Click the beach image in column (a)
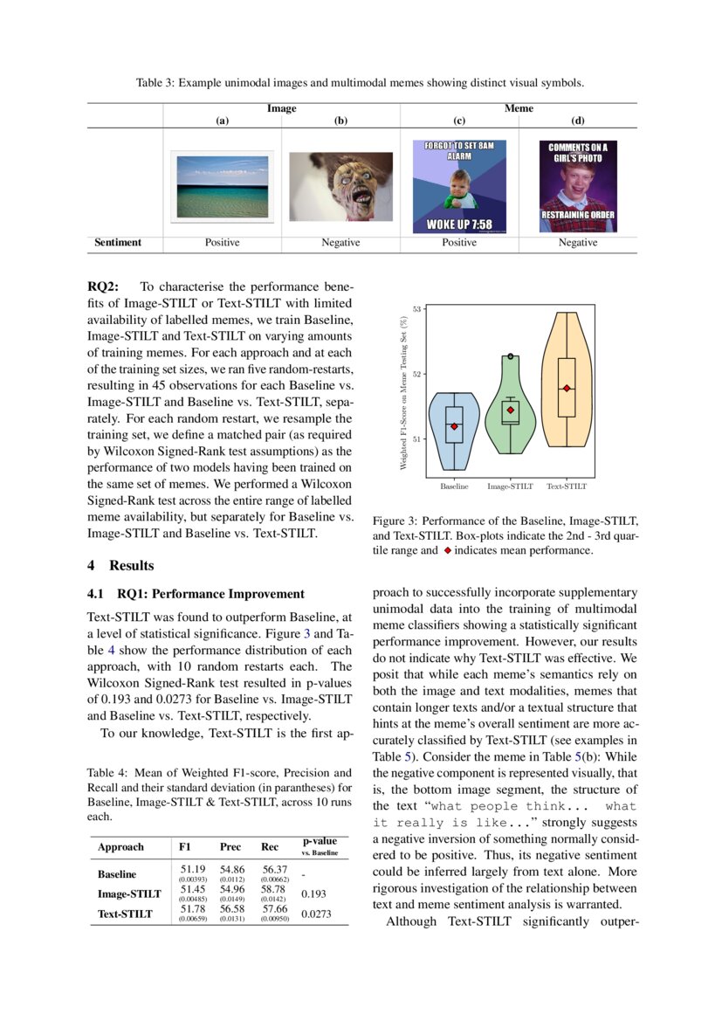click(222, 186)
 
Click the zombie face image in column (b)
click(340, 186)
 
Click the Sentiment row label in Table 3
click(118, 243)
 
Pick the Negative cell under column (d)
click(577, 243)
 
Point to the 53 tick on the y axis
click(417, 309)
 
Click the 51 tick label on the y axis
click(417, 439)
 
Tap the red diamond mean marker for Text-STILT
click(567, 388)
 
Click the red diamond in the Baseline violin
click(454, 426)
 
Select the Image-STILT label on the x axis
click(510, 486)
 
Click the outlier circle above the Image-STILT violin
click(511, 356)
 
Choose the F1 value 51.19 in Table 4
click(192, 869)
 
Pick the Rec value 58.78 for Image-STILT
click(273, 889)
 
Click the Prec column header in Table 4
click(230, 847)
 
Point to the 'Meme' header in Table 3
click(519, 109)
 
